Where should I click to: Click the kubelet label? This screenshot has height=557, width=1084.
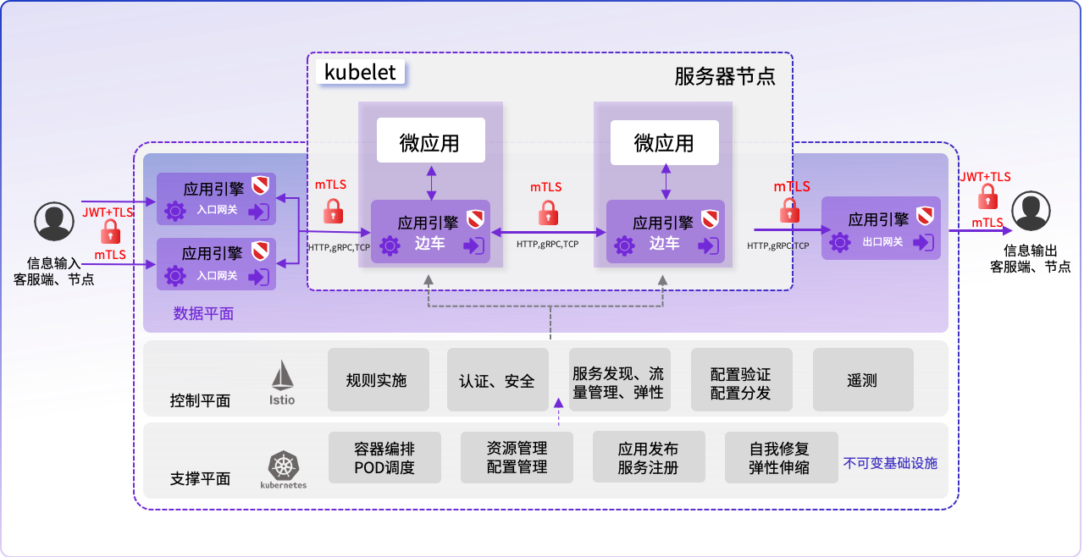[361, 72]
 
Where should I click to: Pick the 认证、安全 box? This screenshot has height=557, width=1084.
[497, 380]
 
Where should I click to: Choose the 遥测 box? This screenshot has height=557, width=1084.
[862, 380]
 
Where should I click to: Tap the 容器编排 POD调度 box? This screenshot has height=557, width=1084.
[384, 457]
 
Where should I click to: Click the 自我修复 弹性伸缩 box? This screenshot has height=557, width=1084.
[779, 457]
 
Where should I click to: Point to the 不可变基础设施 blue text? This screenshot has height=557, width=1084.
[890, 464]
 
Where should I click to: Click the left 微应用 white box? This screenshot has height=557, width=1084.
[430, 141]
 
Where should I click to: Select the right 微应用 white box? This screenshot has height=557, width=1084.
[665, 142]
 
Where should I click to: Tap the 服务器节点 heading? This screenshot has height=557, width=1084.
[724, 77]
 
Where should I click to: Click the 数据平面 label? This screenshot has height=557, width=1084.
[203, 313]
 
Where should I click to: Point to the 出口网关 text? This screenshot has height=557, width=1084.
[882, 242]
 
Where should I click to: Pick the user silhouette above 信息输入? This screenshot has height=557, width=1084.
[53, 222]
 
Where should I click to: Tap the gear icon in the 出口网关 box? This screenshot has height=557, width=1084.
[839, 242]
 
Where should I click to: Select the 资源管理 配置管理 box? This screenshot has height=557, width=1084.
[517, 457]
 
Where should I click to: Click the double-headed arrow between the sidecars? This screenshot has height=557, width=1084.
[547, 230]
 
